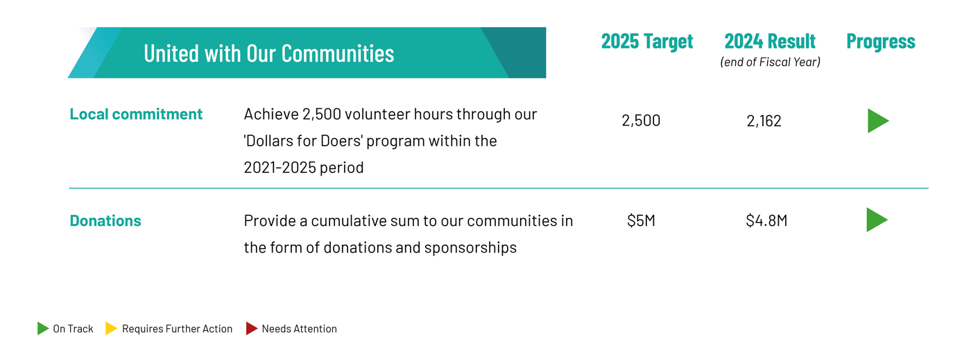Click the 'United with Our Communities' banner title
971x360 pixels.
click(x=269, y=53)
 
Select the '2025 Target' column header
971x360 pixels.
click(x=646, y=42)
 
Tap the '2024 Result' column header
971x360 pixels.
click(x=770, y=41)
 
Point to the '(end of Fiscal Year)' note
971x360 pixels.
click(x=771, y=62)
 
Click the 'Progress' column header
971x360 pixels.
click(x=881, y=42)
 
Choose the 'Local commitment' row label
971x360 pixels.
click(x=136, y=114)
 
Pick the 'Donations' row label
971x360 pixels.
click(x=105, y=221)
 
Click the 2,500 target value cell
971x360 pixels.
click(x=641, y=121)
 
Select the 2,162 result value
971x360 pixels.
click(x=764, y=121)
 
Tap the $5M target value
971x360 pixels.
click(x=641, y=221)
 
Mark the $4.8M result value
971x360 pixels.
click(x=766, y=221)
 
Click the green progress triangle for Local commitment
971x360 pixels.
click(x=877, y=121)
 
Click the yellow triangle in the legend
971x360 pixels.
click(x=110, y=328)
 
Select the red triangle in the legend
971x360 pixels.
click(x=251, y=328)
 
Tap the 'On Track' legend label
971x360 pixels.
click(x=73, y=329)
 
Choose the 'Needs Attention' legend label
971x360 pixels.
click(x=299, y=329)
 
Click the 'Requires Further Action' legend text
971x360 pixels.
click(x=177, y=329)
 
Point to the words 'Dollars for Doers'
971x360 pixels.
click(x=303, y=141)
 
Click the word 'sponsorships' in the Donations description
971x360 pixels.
click(x=470, y=248)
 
